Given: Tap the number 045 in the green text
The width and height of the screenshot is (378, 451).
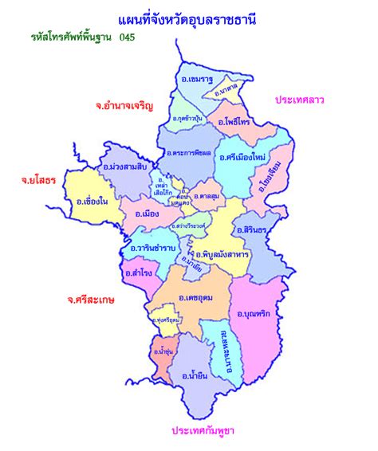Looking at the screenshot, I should (128, 37).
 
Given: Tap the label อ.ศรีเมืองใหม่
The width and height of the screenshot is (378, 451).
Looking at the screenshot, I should (241, 156).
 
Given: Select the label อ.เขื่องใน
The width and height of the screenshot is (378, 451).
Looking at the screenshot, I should (91, 201).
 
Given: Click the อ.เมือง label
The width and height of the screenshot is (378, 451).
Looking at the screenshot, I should (148, 214).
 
